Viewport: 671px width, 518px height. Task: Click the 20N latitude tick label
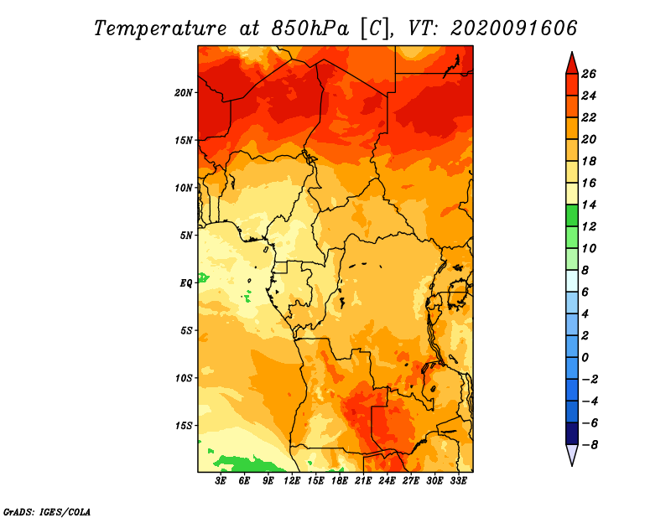[184, 93]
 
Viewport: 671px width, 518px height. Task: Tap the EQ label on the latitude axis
[186, 283]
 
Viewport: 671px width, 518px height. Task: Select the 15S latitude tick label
[184, 426]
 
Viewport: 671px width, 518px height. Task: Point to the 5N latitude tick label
[186, 236]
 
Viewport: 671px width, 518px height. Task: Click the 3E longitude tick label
[221, 481]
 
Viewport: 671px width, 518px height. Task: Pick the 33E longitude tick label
[458, 481]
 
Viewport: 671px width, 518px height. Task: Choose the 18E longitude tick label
[340, 481]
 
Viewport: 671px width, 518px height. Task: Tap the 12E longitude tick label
[292, 481]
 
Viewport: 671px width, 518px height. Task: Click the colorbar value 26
[589, 74]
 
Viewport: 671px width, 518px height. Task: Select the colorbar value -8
[589, 445]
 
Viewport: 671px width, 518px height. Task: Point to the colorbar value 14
[589, 205]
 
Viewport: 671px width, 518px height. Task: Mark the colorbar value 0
[585, 358]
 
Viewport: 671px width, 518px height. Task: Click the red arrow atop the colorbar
[572, 65]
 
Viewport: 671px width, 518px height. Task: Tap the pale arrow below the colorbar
[572, 454]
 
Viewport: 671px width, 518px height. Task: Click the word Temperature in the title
[160, 28]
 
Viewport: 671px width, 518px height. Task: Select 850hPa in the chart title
[309, 28]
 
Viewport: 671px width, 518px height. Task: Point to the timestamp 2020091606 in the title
[514, 28]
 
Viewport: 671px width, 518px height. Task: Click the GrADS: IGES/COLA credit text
[47, 512]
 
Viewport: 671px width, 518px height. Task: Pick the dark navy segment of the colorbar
[572, 433]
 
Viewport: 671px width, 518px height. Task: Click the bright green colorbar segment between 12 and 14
[572, 215]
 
